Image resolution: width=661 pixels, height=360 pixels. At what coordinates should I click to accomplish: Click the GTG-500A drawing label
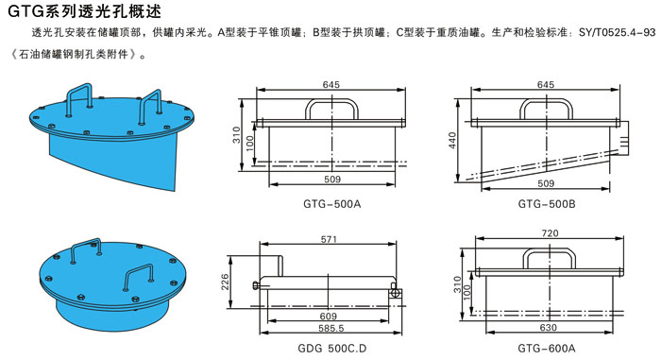(331, 204)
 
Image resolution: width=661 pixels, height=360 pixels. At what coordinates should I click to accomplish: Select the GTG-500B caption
(547, 204)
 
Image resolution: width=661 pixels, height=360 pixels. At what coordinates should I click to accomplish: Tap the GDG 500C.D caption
(331, 349)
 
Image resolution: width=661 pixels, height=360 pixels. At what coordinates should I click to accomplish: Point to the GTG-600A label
(547, 349)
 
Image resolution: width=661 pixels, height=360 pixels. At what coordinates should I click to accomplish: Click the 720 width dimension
(550, 233)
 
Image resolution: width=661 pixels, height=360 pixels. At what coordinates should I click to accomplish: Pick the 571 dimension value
(329, 239)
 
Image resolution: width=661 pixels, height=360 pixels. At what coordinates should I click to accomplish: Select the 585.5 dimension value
(330, 328)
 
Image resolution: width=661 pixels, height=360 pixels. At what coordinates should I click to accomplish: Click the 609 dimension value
(329, 317)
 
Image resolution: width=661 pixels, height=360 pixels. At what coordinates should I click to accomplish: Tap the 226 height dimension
(225, 282)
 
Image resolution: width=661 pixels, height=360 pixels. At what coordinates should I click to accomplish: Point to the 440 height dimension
(452, 140)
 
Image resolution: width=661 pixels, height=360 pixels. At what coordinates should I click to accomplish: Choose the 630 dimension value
(548, 328)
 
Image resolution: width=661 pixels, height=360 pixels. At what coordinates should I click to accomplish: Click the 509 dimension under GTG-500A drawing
(332, 180)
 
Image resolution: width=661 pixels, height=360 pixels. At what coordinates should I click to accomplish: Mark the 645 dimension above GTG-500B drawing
(546, 85)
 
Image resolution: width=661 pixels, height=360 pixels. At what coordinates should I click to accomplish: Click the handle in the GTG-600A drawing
(550, 249)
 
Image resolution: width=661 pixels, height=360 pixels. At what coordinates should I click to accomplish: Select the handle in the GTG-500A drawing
(331, 101)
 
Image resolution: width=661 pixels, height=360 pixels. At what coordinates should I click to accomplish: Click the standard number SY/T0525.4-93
(618, 33)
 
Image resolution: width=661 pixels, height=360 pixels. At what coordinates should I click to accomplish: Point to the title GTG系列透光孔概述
(84, 11)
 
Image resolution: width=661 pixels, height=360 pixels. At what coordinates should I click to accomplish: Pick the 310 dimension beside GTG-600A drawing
(457, 284)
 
